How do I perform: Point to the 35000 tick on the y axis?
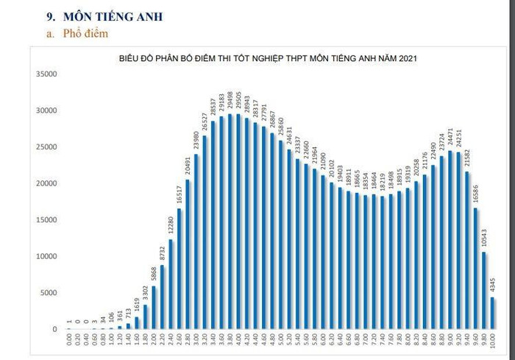tap(45, 74)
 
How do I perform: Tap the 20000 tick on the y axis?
tap(45, 183)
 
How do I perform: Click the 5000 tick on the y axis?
tap(46, 292)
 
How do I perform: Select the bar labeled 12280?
tap(171, 283)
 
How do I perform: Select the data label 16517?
tap(180, 194)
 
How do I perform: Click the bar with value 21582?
tap(467, 250)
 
